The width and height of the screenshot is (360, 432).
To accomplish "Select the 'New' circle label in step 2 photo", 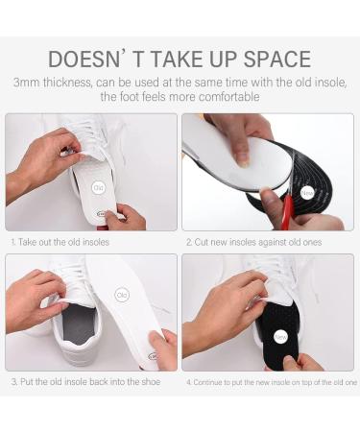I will (x=307, y=193).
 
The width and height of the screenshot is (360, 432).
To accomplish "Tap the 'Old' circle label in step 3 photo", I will (x=122, y=296).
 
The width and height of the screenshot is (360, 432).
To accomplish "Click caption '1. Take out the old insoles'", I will (x=60, y=243).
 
